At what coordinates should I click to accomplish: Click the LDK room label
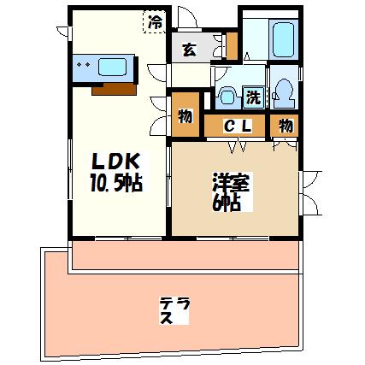116,162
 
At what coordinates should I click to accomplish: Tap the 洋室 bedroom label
231,183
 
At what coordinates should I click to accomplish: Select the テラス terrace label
174,310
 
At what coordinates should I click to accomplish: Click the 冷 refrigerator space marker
156,21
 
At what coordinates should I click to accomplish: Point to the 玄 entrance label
190,50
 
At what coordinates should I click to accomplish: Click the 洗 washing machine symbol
254,97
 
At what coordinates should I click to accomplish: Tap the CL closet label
238,126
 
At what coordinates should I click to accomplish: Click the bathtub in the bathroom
283,39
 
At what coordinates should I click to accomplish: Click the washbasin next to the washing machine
227,97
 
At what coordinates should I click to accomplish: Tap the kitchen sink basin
112,67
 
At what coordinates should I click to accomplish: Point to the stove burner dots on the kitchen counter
84,65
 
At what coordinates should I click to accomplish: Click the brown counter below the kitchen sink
114,89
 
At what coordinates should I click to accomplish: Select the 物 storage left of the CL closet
185,115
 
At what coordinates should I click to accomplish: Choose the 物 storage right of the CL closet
285,126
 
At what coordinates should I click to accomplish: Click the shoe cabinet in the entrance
232,46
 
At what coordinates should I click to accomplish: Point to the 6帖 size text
227,203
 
